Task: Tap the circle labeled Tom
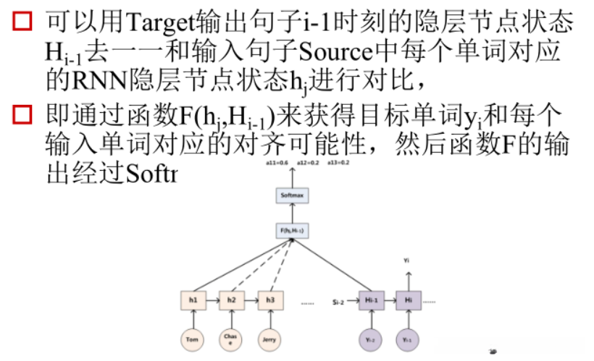(x=192, y=339)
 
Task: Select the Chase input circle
(x=231, y=339)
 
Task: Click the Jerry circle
(x=269, y=339)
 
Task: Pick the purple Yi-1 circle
(x=407, y=339)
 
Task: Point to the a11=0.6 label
(x=277, y=164)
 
